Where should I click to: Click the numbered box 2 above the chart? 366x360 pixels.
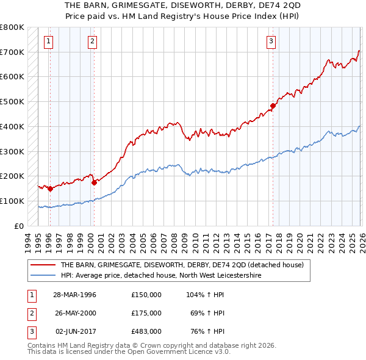tap(91, 41)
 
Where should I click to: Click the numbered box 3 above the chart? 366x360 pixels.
tap(271, 41)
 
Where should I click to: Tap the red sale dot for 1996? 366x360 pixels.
tap(50, 189)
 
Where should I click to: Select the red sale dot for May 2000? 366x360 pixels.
tap(94, 182)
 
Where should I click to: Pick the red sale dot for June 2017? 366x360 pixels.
tap(273, 106)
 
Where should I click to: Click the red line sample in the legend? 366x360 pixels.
tap(43, 265)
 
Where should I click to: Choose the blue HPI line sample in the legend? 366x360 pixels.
tap(43, 276)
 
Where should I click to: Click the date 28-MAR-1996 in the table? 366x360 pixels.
tap(74, 295)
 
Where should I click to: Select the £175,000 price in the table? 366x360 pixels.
tap(146, 313)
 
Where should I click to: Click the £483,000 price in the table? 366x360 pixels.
tap(146, 331)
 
